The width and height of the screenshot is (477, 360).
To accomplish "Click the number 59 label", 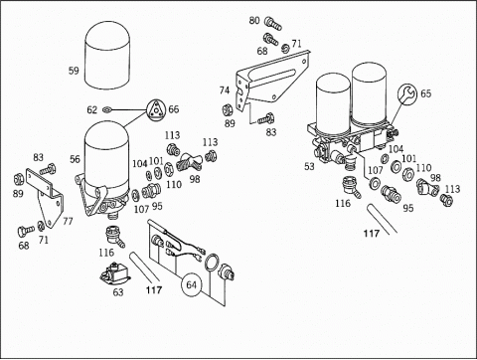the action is (74, 71).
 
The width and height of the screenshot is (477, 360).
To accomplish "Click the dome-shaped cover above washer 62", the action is (106, 55).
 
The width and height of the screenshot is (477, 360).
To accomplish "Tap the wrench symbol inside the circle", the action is (407, 93).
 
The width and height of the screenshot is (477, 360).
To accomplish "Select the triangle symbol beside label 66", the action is (156, 109).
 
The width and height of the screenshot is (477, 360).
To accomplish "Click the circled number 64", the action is (192, 284).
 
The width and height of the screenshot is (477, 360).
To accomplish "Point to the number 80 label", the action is (254, 21).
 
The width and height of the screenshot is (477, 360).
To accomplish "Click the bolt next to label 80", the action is (273, 24).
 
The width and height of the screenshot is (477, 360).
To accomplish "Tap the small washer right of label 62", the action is (106, 109).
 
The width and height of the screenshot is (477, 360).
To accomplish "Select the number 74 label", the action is (225, 90).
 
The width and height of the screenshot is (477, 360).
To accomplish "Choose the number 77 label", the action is (68, 221).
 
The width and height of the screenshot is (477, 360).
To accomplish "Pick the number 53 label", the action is (309, 166).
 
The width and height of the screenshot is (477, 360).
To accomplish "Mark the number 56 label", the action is (75, 159).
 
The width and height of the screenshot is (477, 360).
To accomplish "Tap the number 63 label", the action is (118, 292).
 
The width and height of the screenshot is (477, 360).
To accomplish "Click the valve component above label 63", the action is (114, 273).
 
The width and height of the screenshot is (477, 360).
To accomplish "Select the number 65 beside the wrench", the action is (426, 93).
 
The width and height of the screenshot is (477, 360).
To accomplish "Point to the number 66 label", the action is (174, 109).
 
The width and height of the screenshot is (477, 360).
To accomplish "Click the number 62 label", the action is (92, 109).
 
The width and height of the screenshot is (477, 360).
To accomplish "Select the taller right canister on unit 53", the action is (369, 93).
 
